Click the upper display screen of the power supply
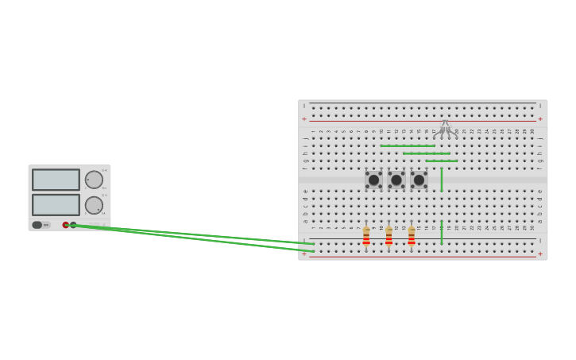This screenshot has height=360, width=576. [x=56, y=180]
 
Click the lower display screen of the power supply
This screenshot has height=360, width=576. [x=56, y=204]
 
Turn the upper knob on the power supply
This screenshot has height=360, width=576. [x=94, y=180]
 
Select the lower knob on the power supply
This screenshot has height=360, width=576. [x=94, y=205]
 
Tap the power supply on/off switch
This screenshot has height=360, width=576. [x=37, y=225]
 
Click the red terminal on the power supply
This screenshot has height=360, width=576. [x=66, y=225]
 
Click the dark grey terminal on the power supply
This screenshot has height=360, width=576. [x=73, y=225]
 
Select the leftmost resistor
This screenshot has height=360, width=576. [x=366, y=236]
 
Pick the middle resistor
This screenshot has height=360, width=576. [x=389, y=236]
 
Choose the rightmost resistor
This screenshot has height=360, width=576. [x=412, y=236]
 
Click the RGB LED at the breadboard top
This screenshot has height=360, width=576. [x=445, y=127]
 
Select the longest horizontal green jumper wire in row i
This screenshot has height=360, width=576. [x=407, y=146]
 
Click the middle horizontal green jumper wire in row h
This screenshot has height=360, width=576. [x=426, y=153]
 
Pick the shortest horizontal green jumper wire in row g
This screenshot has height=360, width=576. [x=441, y=161]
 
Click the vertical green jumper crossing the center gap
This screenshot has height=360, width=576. [x=442, y=180]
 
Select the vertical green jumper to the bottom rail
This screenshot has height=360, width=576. [x=442, y=232]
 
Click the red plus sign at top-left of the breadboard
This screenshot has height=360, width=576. [x=303, y=119]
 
